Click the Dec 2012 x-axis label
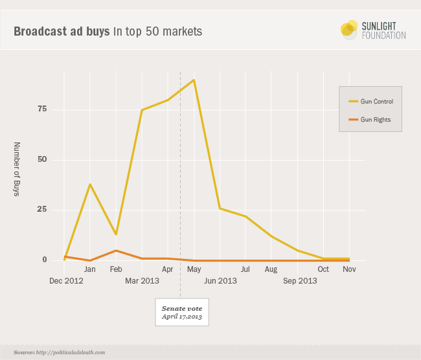click(x=65, y=281)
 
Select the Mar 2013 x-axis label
click(x=141, y=281)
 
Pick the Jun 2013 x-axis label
click(x=220, y=281)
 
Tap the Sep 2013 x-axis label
click(x=300, y=281)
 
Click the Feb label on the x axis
click(x=116, y=269)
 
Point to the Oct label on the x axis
click(x=323, y=269)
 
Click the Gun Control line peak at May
click(x=194, y=80)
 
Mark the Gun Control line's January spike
click(x=90, y=185)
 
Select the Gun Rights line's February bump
click(x=116, y=251)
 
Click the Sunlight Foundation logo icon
click(x=349, y=30)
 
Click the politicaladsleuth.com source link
click(x=62, y=353)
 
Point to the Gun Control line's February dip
click(x=116, y=234)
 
